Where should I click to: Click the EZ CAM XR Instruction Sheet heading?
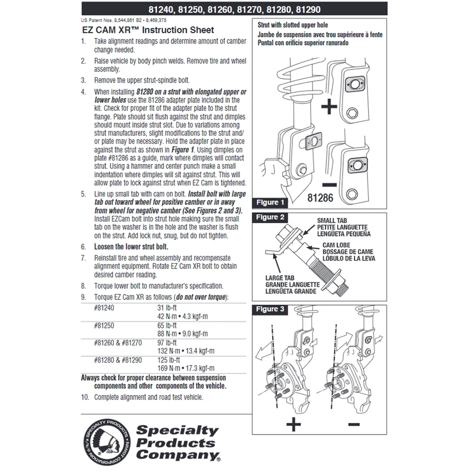pyautogui.click(x=143, y=30)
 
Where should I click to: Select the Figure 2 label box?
pyautogui.click(x=270, y=217)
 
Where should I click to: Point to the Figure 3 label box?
pyautogui.click(x=270, y=309)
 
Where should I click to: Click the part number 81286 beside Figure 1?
pyautogui.click(x=321, y=198)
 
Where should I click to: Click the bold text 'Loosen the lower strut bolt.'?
pyautogui.click(x=131, y=246)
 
